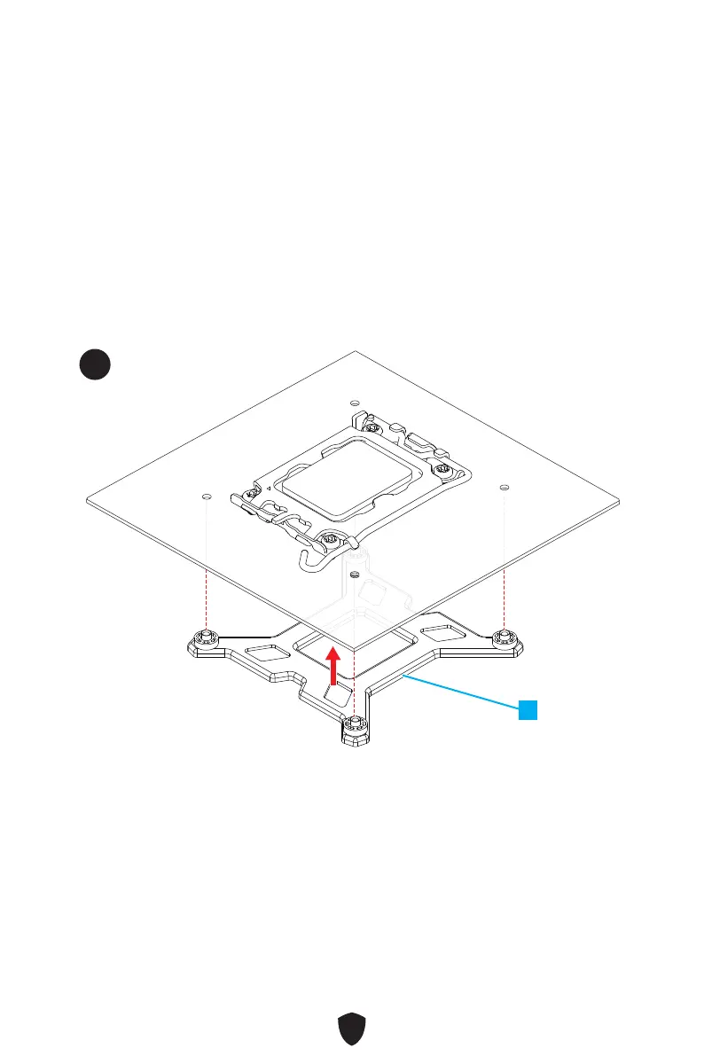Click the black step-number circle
point(93,365)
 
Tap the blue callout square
point(528,709)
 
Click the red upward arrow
point(333,666)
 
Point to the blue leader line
point(461,692)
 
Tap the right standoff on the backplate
point(504,636)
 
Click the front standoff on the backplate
point(355,724)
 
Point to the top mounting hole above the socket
point(354,403)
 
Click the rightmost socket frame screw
point(442,469)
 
